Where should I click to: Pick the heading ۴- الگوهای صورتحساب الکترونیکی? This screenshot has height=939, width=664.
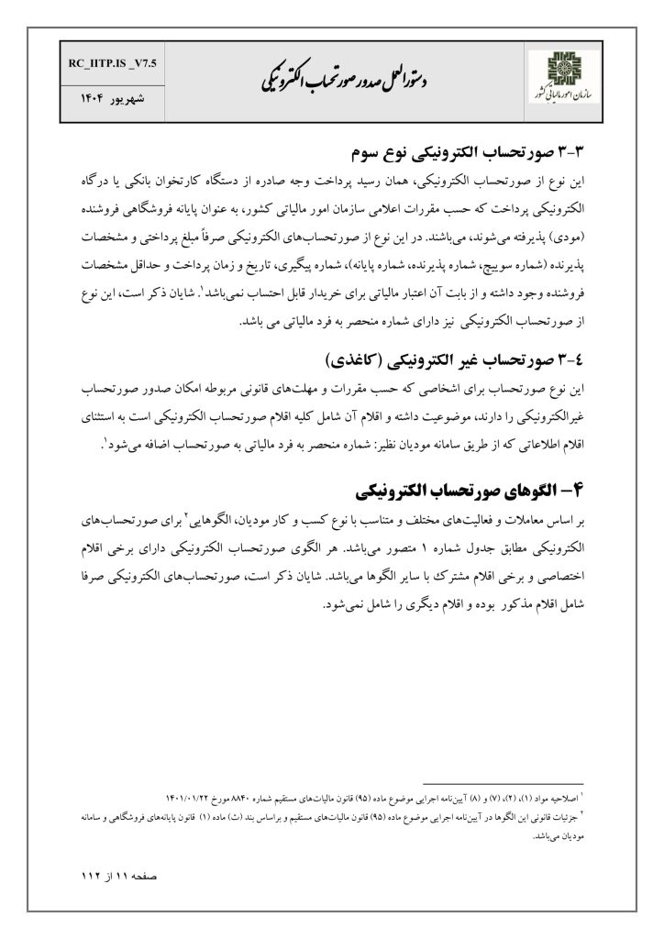point(474,484)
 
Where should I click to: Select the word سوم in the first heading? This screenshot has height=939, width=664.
point(372,149)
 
